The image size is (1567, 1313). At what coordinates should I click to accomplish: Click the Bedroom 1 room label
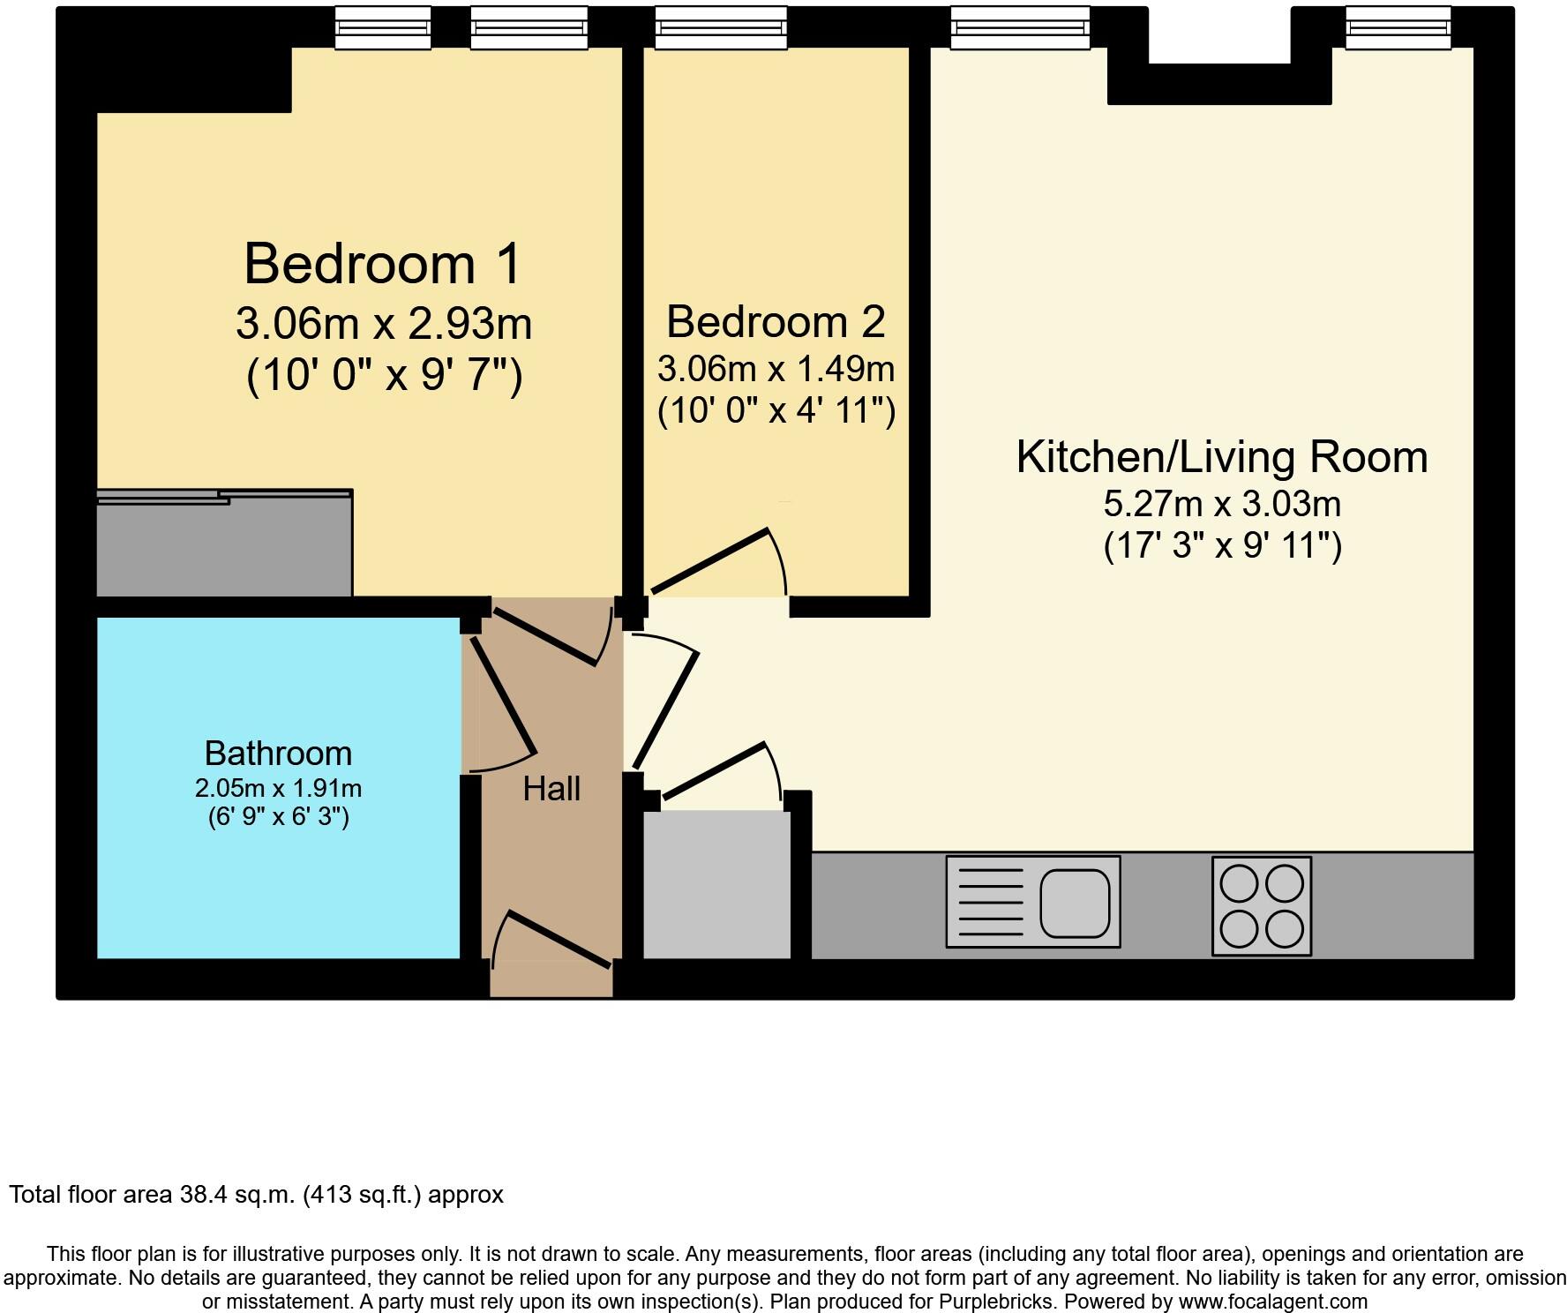click(383, 264)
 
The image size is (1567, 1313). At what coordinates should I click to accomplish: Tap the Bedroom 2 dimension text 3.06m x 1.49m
click(776, 369)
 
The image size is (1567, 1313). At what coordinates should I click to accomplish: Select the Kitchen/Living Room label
click(1221, 457)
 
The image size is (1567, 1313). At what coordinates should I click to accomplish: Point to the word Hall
click(551, 789)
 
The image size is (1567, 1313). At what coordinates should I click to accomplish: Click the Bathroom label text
click(278, 754)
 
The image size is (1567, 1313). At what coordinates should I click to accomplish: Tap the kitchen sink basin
click(1074, 903)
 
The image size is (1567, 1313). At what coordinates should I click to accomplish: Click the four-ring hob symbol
click(1261, 905)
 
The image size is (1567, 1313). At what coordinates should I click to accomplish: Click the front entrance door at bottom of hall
click(551, 944)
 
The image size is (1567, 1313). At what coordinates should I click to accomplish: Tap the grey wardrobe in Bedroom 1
click(224, 545)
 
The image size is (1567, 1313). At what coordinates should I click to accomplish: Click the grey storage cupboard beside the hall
click(716, 884)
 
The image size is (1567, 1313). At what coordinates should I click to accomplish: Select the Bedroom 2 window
click(721, 27)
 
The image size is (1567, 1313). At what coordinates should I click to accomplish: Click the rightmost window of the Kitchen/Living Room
click(1398, 27)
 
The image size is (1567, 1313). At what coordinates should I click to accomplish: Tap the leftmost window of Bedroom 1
click(383, 27)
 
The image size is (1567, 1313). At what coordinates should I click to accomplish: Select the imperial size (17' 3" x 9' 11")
click(1222, 546)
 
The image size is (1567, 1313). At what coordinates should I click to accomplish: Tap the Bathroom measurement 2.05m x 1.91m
click(278, 788)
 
